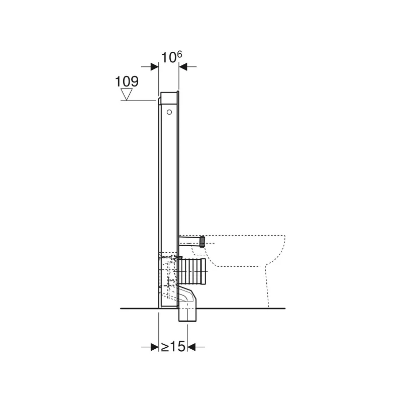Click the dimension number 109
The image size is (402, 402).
click(x=127, y=81)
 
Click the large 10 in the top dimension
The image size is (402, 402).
click(x=169, y=58)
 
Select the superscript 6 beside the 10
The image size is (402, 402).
click(x=179, y=54)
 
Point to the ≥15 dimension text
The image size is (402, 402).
click(x=172, y=347)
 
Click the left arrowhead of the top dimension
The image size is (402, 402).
click(x=155, y=67)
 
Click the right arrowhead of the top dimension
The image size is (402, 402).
click(x=183, y=67)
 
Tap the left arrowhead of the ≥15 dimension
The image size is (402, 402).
click(x=155, y=347)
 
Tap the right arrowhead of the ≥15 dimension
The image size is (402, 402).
click(x=191, y=347)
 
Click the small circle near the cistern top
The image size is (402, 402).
click(x=169, y=112)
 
